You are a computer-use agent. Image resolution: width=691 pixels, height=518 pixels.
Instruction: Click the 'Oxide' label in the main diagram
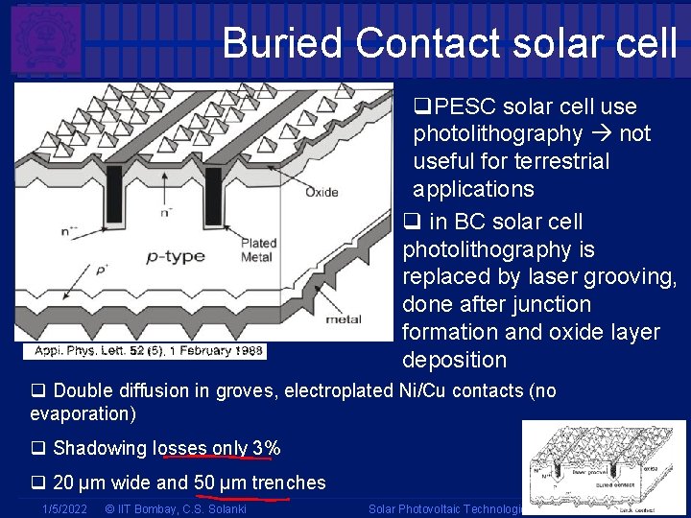pos(321,192)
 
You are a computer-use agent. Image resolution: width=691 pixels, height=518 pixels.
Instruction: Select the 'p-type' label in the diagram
pos(176,257)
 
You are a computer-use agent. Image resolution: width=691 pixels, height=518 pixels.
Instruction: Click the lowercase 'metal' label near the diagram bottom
pos(344,318)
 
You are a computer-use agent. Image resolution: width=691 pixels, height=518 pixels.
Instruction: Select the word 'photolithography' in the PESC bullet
pos(497,133)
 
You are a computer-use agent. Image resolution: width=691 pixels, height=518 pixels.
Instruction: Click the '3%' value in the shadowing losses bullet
pos(266,448)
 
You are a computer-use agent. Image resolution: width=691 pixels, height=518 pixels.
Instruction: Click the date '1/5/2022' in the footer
pos(64,508)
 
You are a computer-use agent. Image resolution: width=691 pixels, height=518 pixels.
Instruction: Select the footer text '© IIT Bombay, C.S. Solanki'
pos(176,508)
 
